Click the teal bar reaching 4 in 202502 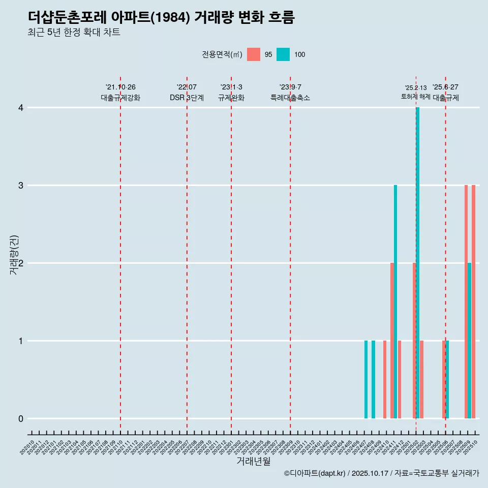[x=418, y=263]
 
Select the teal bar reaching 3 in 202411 [x=395, y=302]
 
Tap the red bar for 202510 [x=474, y=302]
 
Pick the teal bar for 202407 [x=366, y=380]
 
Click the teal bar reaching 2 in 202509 [x=470, y=341]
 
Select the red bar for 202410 [x=385, y=380]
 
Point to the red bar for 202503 [x=422, y=380]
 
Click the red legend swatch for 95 [x=253, y=54]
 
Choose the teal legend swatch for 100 [x=283, y=54]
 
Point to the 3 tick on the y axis [x=21, y=186]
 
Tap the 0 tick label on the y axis [x=21, y=419]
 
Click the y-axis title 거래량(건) [x=14, y=254]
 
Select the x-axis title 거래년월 [x=253, y=461]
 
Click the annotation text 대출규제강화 [x=120, y=98]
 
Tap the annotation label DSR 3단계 [x=187, y=98]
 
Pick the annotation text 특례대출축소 [x=290, y=98]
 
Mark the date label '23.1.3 [x=231, y=87]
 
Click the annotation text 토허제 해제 [x=416, y=97]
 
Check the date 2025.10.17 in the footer [x=370, y=474]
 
